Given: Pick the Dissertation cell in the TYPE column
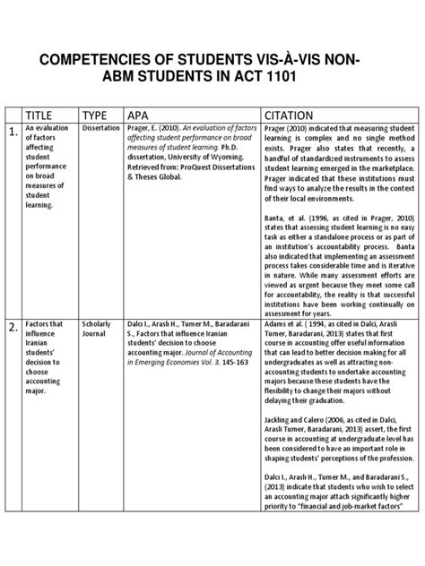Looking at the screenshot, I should (100, 129).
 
